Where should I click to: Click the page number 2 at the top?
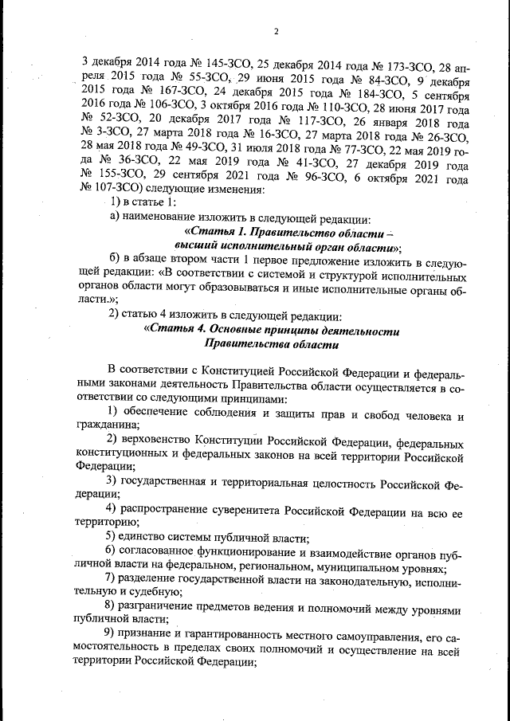tap(274, 32)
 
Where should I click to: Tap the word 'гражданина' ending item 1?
tap(110, 426)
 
